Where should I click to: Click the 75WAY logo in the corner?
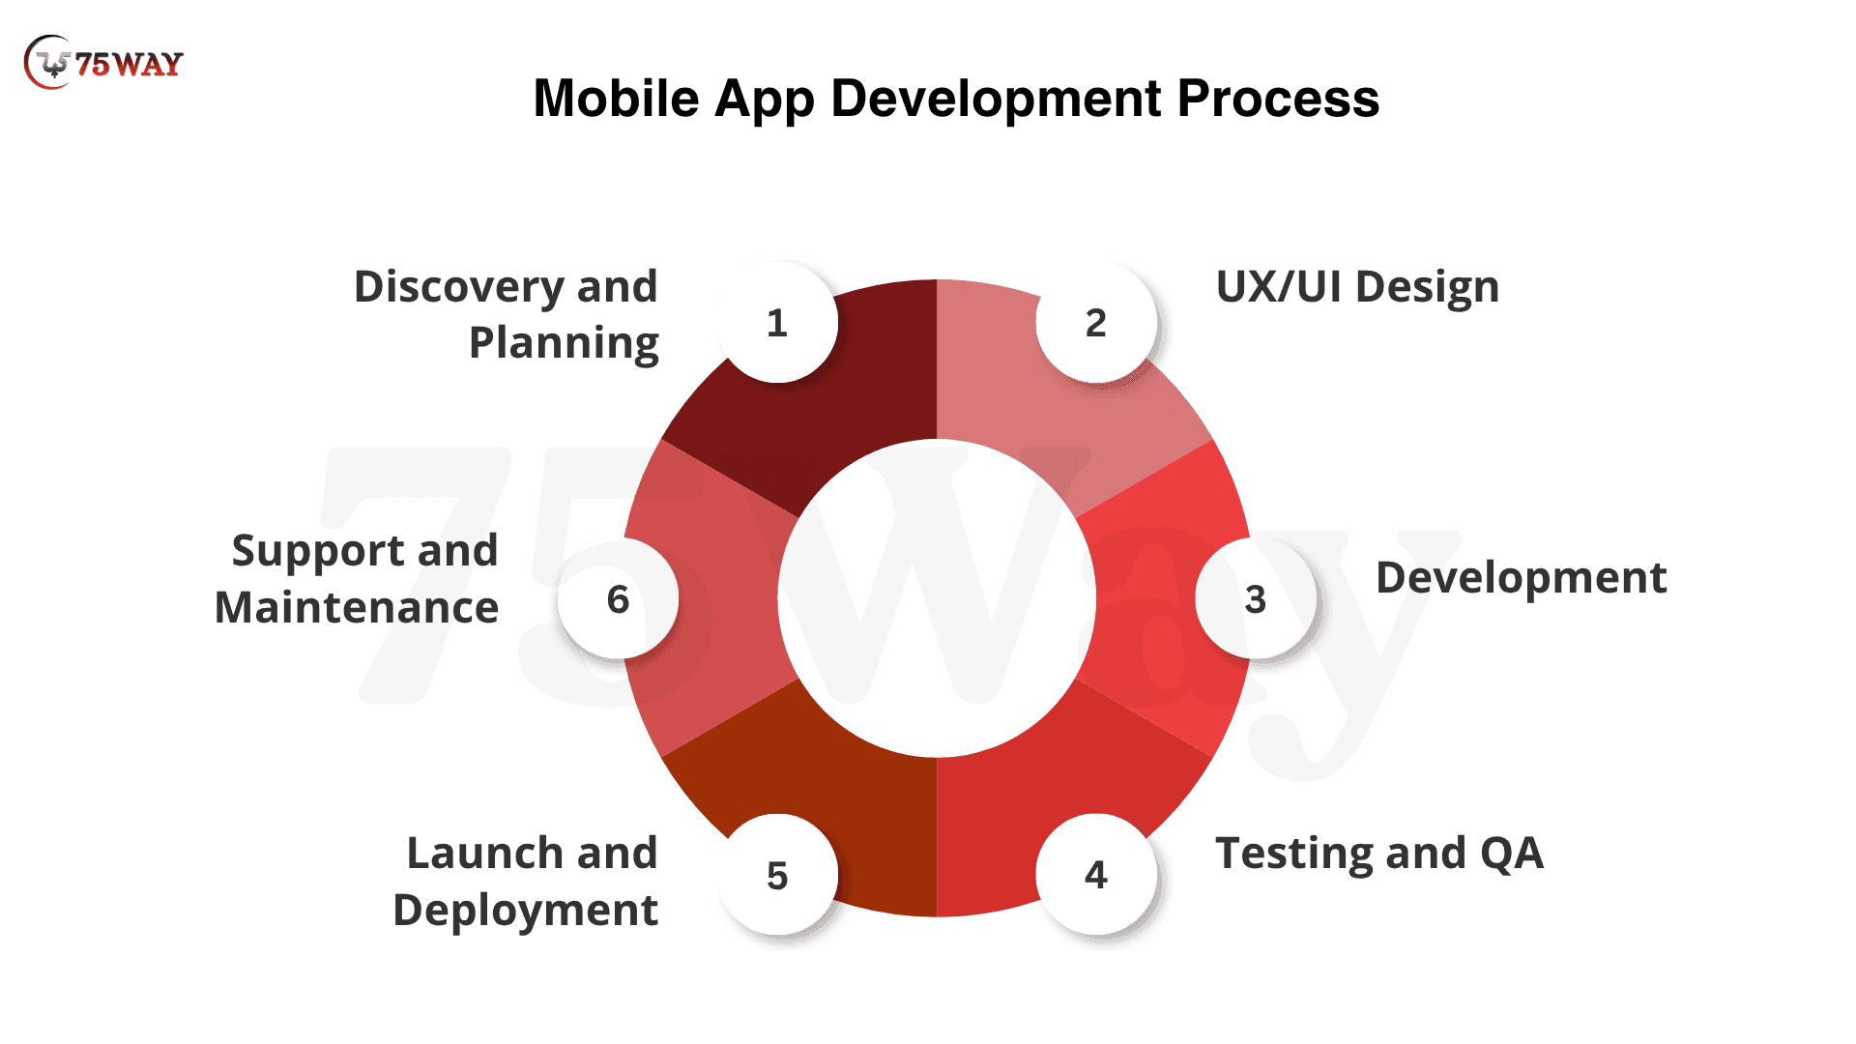click(103, 63)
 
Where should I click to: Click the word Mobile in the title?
click(616, 99)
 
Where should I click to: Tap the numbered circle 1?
click(777, 322)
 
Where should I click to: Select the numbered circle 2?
click(1095, 322)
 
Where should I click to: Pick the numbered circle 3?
click(1255, 598)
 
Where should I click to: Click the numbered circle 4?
click(1095, 874)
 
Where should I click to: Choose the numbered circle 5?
click(777, 875)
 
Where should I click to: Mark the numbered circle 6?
click(618, 598)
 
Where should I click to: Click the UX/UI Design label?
click(1357, 287)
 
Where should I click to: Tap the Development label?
click(1521, 578)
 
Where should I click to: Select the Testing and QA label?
click(1379, 854)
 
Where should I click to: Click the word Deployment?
click(525, 912)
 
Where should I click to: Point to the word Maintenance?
click(357, 608)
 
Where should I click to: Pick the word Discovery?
click(458, 288)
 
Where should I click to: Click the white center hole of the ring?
click(937, 598)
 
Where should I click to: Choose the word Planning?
click(564, 344)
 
